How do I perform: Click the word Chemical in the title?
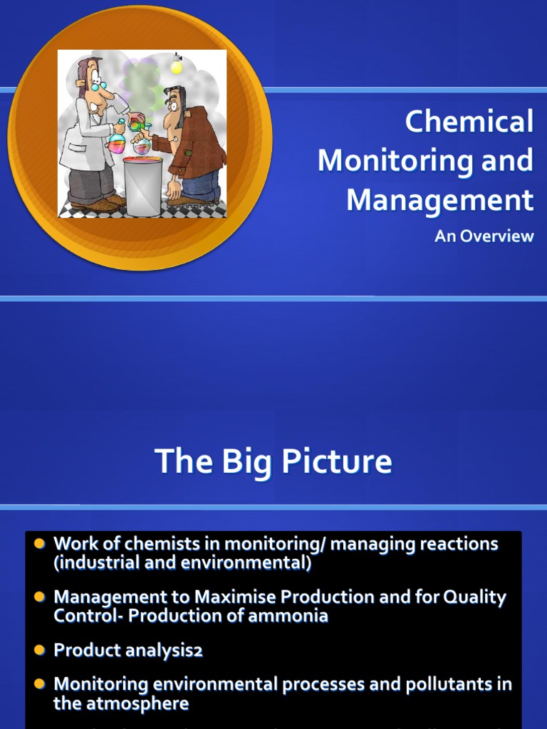469,122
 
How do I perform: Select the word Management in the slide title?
439,200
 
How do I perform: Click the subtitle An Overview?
484,236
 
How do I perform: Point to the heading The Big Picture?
273,461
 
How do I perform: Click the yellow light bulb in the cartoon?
177,66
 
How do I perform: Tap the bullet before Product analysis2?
40,650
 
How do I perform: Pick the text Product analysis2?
128,650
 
